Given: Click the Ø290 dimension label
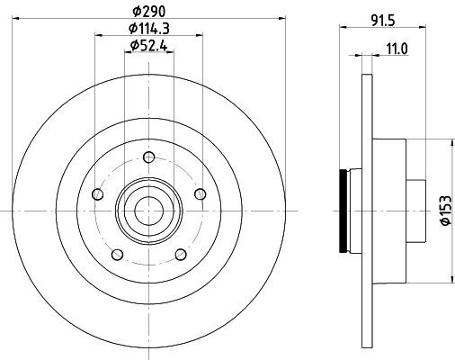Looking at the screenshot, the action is (x=149, y=12).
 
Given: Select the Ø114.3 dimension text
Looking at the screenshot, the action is (x=149, y=29).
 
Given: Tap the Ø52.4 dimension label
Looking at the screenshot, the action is (x=148, y=46).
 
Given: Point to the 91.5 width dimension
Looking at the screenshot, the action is (x=383, y=21).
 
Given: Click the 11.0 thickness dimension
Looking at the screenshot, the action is (x=397, y=49).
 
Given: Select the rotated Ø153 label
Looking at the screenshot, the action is (x=445, y=210).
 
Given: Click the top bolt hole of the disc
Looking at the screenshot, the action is (x=149, y=157).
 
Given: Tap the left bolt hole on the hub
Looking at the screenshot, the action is (x=98, y=194).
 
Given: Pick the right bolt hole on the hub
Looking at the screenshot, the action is (x=201, y=194).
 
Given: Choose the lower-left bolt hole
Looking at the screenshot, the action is (x=117, y=255).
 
